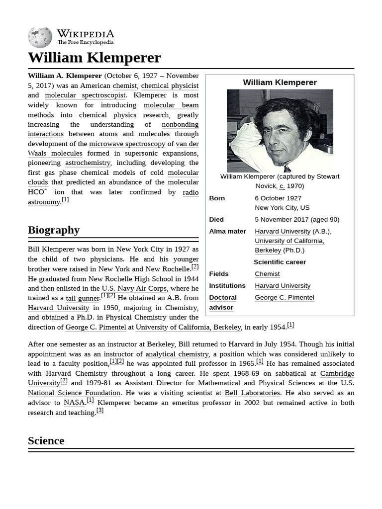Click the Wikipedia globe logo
click(40, 38)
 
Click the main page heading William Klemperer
click(95, 58)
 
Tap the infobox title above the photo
click(280, 83)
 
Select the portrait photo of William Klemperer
click(280, 131)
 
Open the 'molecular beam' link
click(171, 105)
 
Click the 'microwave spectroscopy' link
click(127, 144)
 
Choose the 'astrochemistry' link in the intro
click(88, 163)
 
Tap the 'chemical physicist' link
click(170, 85)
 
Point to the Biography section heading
click(54, 230)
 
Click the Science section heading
click(46, 441)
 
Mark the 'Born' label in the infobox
click(217, 198)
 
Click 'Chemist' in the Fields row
click(267, 274)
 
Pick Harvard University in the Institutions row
click(283, 286)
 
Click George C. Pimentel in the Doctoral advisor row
click(285, 298)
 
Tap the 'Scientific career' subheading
click(280, 262)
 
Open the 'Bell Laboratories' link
click(253, 393)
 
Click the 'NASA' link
click(74, 403)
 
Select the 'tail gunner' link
click(83, 298)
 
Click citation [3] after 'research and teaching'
click(100, 411)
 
